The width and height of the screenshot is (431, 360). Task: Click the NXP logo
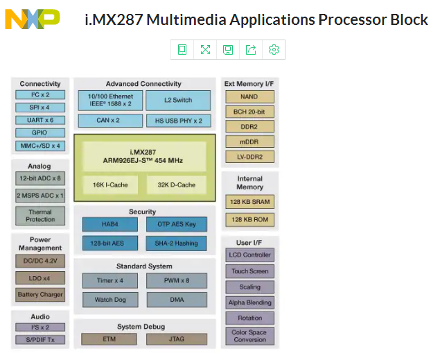pos(33,19)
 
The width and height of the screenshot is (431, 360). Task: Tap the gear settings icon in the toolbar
pos(274,50)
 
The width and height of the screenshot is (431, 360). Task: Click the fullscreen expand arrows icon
pos(205,50)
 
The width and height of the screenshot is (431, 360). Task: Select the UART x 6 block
pos(40,120)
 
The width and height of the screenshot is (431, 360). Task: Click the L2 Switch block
pos(178,100)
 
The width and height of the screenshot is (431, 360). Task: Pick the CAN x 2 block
pos(110,121)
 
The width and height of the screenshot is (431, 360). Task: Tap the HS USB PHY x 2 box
pos(178,121)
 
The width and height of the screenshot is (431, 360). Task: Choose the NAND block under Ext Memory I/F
pos(249,97)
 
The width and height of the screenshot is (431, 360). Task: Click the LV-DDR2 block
pos(249,157)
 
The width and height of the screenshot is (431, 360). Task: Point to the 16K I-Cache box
pos(110,185)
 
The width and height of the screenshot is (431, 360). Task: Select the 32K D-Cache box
pos(177,185)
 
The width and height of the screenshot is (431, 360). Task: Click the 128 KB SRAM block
pos(249,202)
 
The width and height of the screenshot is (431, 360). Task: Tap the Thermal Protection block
pos(40,216)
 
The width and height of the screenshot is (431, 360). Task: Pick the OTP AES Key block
pos(177,224)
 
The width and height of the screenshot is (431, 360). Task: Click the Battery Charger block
pos(40,295)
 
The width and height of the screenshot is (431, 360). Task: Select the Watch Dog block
pos(110,300)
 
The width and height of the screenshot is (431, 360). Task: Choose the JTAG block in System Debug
pos(177,339)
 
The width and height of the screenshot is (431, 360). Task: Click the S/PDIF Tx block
pos(40,340)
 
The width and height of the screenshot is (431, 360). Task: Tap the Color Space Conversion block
pos(249,336)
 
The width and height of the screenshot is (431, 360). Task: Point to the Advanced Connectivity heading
pos(143,84)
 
